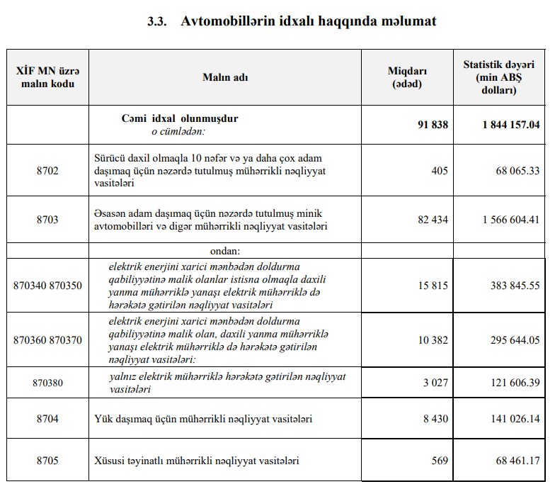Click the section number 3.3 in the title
[156, 21]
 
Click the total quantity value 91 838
[433, 125]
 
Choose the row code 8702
[47, 170]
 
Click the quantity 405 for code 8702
[439, 170]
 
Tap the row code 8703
[47, 220]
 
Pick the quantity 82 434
[433, 220]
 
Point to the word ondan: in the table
[226, 251]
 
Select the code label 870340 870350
[47, 286]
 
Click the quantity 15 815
[433, 286]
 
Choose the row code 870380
[47, 383]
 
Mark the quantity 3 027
[435, 383]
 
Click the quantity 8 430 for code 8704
[435, 419]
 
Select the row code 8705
[47, 461]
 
